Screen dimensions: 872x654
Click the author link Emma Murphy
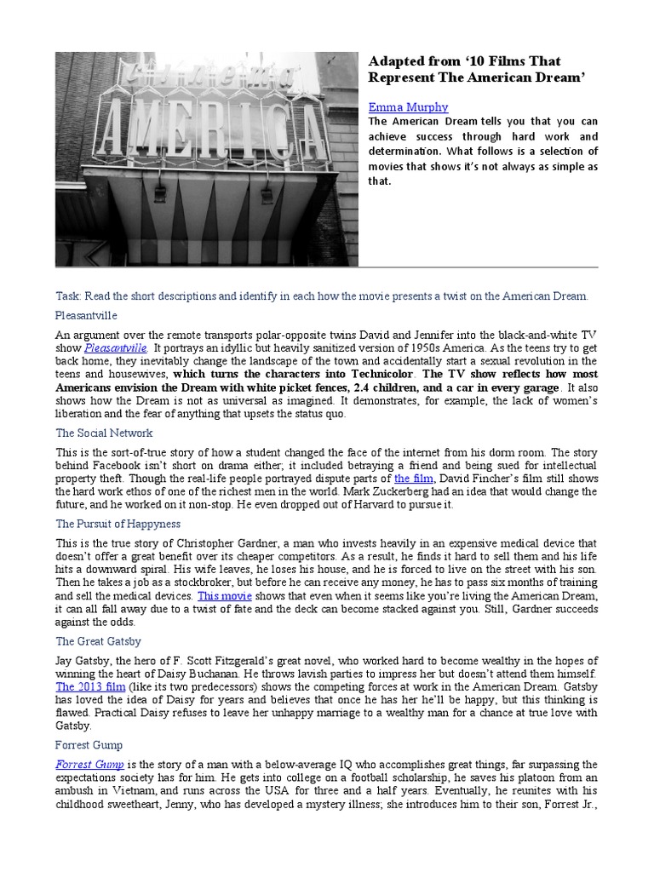click(x=408, y=107)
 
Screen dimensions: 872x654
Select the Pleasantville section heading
click(x=87, y=315)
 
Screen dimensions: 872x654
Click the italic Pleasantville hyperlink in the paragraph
click(x=116, y=348)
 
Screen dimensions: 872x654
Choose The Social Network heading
click(x=105, y=433)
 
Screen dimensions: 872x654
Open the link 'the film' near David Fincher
click(x=414, y=479)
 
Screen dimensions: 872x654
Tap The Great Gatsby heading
click(x=99, y=641)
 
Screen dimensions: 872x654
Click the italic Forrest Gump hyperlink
click(x=90, y=765)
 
